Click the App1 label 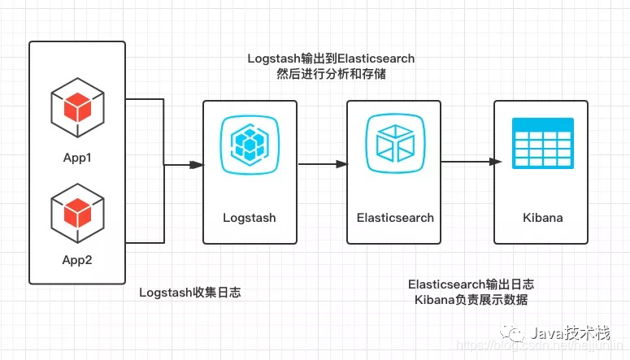click(77, 157)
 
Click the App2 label click(77, 260)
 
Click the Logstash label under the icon click(250, 218)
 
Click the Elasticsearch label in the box click(395, 218)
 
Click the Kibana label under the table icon click(542, 218)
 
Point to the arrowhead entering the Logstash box click(196, 165)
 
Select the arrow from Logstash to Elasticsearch click(322, 165)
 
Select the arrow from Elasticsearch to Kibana click(468, 162)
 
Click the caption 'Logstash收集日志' click(189, 293)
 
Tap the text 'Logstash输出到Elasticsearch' click(331, 59)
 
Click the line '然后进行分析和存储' click(331, 74)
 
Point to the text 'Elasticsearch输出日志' click(471, 284)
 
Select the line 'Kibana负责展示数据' click(471, 300)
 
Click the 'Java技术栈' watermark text click(570, 333)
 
